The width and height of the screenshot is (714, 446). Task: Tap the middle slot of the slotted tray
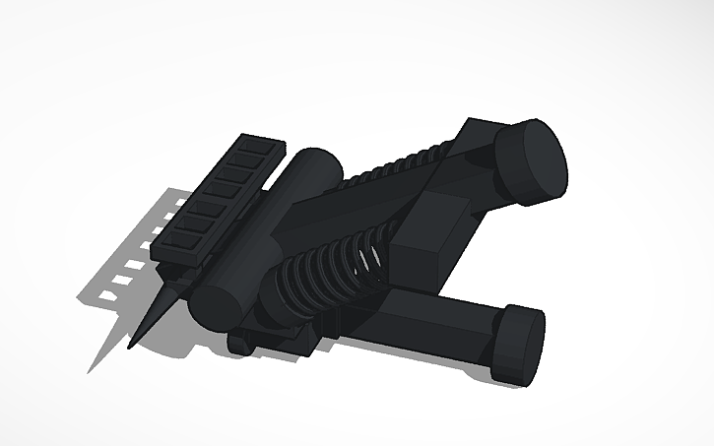click(212, 196)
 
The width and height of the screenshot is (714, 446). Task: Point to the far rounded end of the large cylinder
click(317, 159)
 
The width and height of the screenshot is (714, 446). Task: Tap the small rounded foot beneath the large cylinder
click(241, 344)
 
